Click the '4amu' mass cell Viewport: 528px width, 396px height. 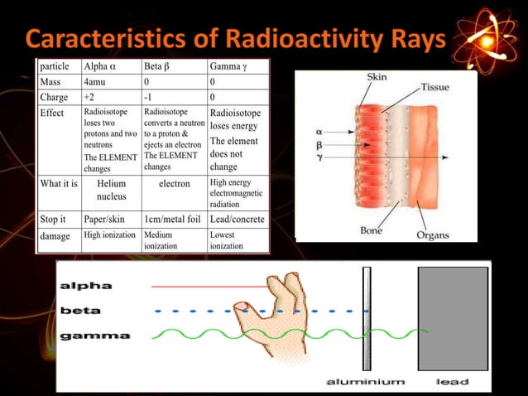click(x=94, y=82)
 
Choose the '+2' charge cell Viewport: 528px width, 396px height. click(x=89, y=97)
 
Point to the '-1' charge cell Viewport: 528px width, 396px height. click(x=150, y=97)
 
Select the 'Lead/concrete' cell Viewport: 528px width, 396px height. click(x=238, y=220)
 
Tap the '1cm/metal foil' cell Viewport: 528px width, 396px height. click(x=171, y=220)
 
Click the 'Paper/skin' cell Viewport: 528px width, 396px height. click(x=104, y=220)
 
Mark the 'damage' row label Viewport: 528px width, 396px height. click(x=55, y=235)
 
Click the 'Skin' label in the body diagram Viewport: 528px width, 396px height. click(x=377, y=77)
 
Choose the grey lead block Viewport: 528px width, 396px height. click(x=452, y=318)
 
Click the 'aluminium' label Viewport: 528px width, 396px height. click(x=365, y=382)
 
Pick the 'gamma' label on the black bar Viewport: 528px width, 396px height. click(x=94, y=336)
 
